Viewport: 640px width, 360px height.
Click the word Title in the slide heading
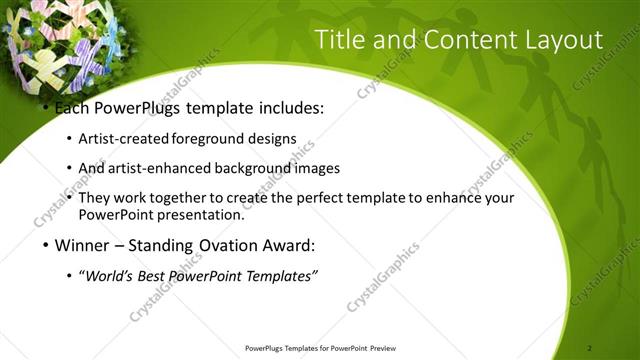click(337, 40)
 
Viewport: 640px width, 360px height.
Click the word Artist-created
click(123, 139)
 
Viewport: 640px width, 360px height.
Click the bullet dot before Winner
click(45, 245)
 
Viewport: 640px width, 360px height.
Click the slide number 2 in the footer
click(591, 348)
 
